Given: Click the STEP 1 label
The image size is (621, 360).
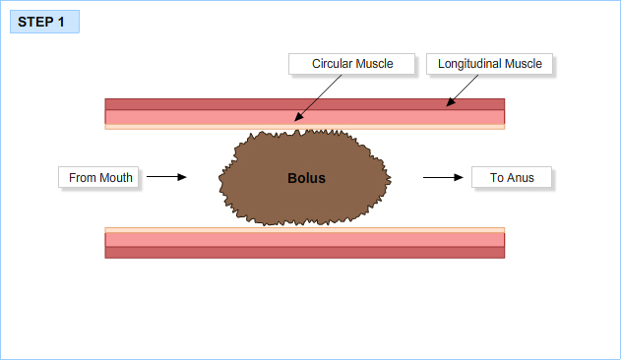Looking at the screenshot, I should [x=43, y=22].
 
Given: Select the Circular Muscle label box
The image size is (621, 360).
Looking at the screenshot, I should [x=352, y=64].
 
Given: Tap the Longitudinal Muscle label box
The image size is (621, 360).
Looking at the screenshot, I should [x=490, y=64].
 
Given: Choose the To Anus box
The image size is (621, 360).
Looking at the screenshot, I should [x=512, y=178].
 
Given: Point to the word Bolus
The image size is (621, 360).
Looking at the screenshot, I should [x=306, y=179].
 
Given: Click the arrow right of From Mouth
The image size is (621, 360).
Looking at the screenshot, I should [x=166, y=178].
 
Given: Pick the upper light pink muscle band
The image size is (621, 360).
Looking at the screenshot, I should [x=197, y=116].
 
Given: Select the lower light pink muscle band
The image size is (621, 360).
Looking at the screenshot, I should [x=197, y=239].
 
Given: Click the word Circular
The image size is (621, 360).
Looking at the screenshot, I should [x=333, y=64].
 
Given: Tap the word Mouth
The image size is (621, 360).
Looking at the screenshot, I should [x=115, y=178].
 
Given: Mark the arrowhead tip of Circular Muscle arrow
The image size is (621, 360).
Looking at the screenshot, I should [x=294, y=121].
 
